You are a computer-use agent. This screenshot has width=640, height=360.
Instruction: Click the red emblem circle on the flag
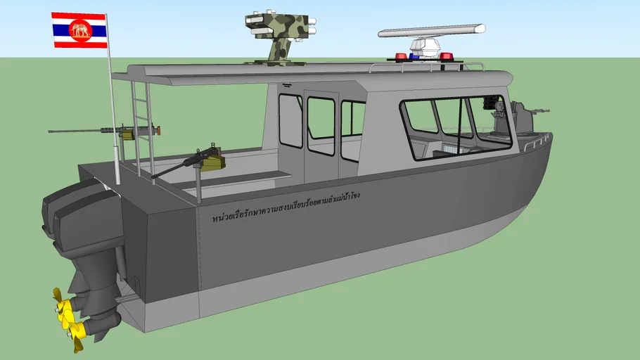click(79, 30)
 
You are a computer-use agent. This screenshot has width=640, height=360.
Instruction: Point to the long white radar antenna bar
click(431, 30)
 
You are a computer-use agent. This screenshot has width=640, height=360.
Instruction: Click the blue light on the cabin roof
click(415, 56)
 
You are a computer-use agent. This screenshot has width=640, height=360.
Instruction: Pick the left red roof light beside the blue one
click(400, 56)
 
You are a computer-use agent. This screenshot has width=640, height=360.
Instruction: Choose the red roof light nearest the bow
click(446, 56)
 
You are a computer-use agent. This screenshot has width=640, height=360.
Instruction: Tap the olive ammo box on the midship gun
click(213, 163)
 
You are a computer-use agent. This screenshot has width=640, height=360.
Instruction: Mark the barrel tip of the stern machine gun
click(51, 131)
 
